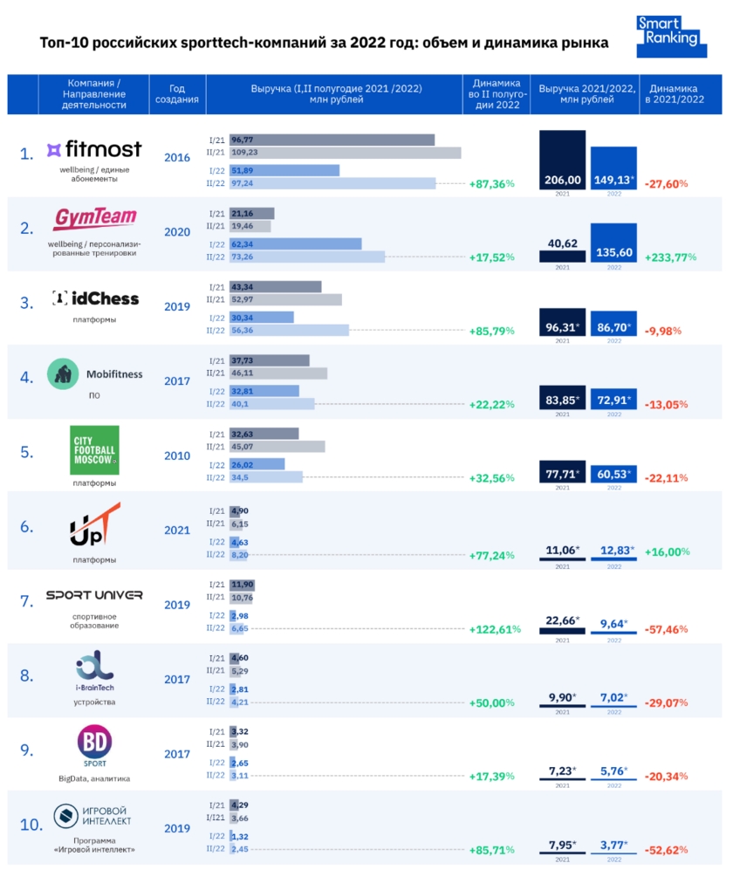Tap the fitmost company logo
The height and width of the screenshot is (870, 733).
coord(93,149)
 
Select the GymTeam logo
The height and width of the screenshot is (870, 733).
coord(93,216)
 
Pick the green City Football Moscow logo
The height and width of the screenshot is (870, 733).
coord(94,449)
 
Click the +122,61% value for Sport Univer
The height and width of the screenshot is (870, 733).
coord(495,629)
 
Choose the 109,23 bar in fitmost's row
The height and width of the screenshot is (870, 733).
coord(346,153)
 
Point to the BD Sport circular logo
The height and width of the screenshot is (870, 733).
coord(93,744)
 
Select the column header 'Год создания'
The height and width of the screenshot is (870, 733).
coord(177,94)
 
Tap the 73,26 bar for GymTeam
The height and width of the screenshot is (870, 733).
coord(307,257)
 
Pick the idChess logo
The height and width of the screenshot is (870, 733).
coord(94,298)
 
